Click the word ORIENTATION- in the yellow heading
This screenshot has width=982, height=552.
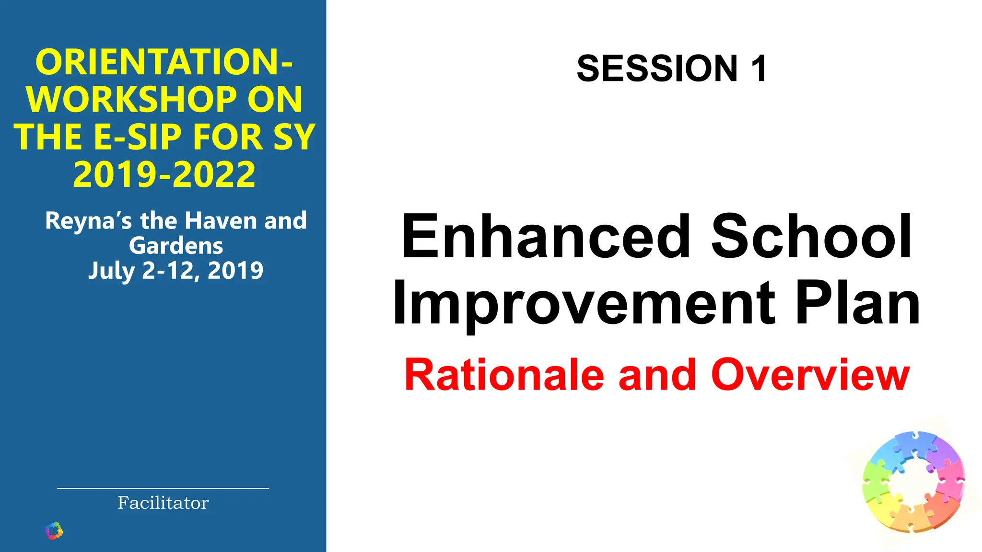[x=164, y=62]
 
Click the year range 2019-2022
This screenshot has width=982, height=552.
[x=164, y=174]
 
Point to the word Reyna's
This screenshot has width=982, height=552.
[x=88, y=221]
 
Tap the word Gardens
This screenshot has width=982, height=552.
[x=176, y=246]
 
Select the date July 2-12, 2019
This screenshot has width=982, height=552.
[x=176, y=271]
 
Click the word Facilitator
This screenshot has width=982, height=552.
[x=163, y=503]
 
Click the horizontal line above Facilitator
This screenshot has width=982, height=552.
[x=163, y=488]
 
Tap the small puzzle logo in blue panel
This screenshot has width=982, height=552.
[x=54, y=531]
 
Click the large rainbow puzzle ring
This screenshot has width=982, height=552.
[x=913, y=482]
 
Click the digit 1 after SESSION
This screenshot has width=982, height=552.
[x=759, y=69]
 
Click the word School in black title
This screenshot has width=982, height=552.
[x=811, y=237]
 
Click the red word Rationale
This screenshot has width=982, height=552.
[x=504, y=375]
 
